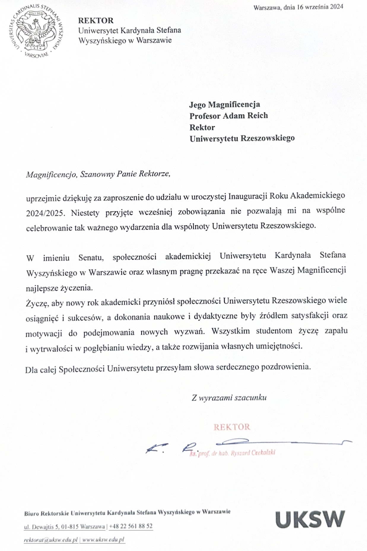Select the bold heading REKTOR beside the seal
(x=96, y=21)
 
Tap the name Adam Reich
(x=245, y=116)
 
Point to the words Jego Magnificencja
(x=225, y=104)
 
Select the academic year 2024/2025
(x=45, y=213)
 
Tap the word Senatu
(x=91, y=258)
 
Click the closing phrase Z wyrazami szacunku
(x=229, y=398)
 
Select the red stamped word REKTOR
(x=232, y=427)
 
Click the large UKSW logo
(x=310, y=519)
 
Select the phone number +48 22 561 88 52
(x=131, y=526)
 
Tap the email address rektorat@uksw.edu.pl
(x=51, y=540)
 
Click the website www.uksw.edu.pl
(x=103, y=540)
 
